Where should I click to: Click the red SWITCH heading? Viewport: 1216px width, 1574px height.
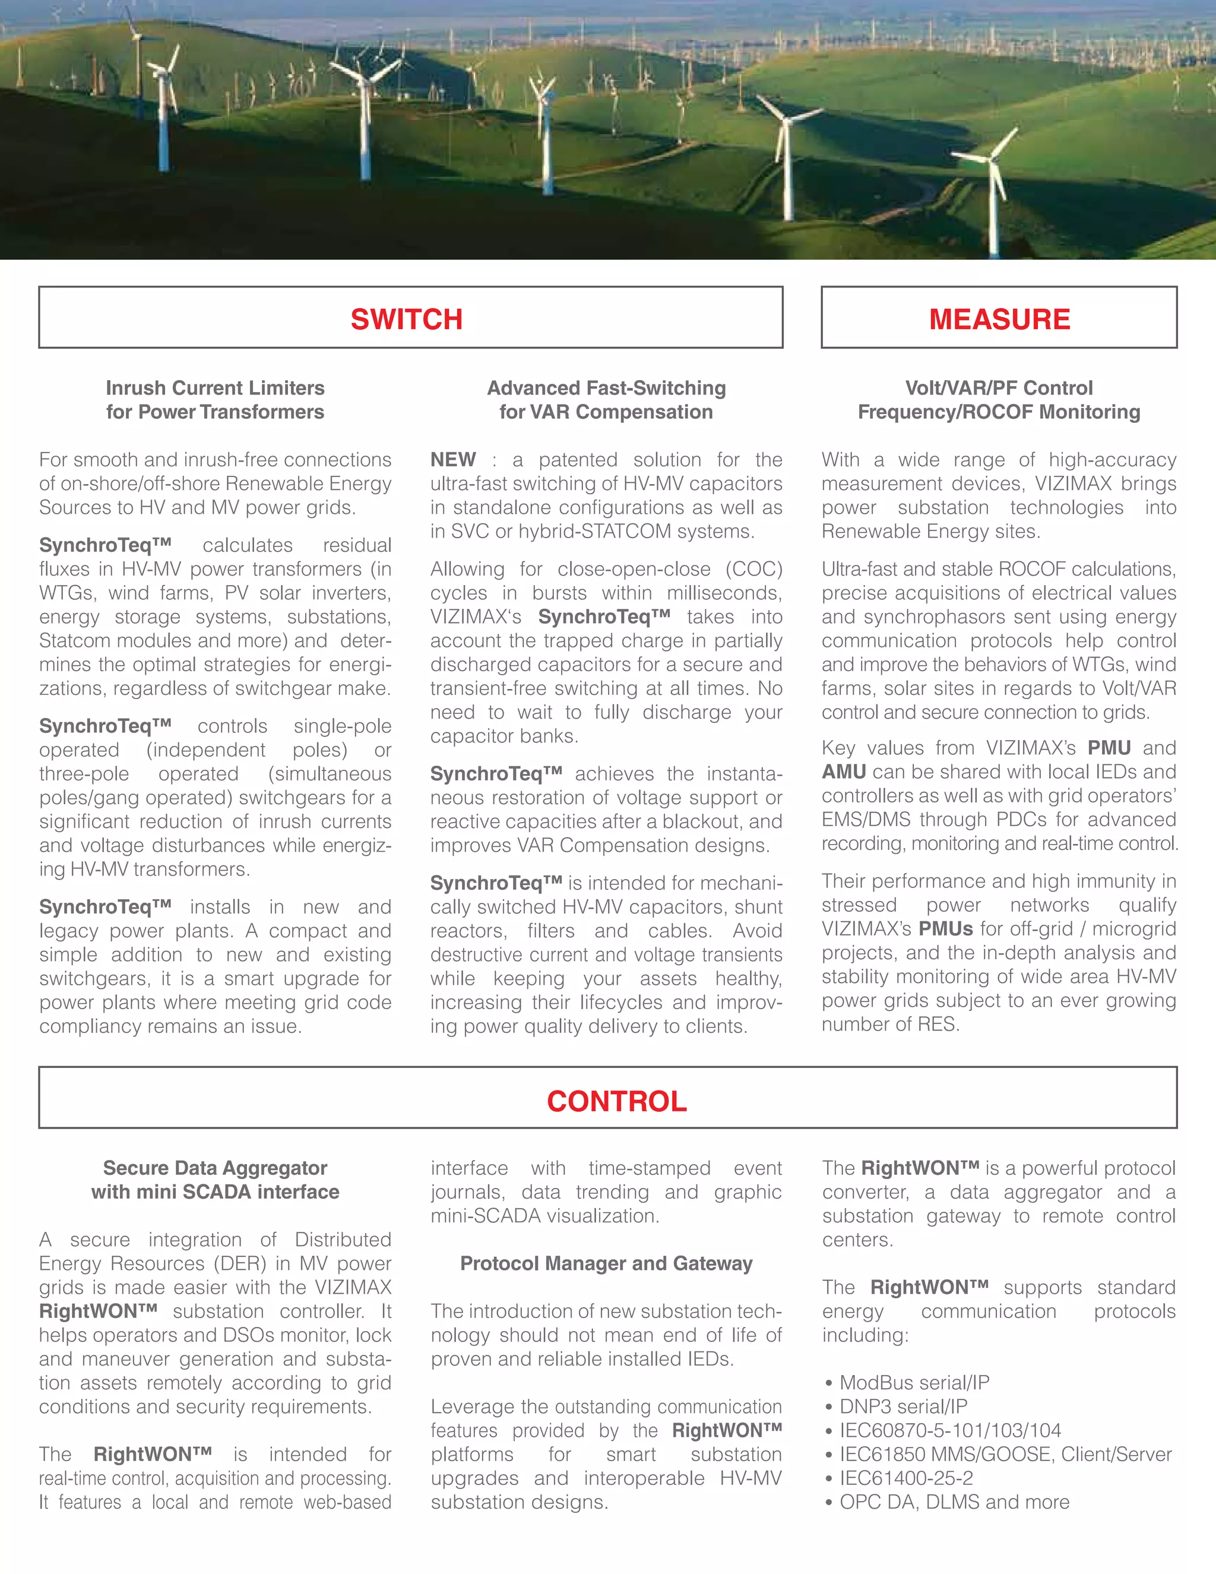[x=406, y=320]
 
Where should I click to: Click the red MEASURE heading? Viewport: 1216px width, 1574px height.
[x=999, y=320]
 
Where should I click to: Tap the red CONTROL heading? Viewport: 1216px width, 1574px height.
[x=617, y=1101]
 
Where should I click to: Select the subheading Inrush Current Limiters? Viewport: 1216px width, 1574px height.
[x=215, y=388]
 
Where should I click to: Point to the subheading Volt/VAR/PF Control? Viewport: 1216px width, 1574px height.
[x=999, y=388]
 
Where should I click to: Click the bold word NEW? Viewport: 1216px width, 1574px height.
[x=452, y=460]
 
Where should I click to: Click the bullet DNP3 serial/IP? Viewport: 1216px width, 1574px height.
[x=902, y=1406]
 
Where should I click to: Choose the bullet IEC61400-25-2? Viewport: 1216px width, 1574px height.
[x=905, y=1478]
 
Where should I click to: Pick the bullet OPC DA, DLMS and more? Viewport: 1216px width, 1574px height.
[x=954, y=1502]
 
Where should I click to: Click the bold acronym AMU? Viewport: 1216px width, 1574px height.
[x=844, y=772]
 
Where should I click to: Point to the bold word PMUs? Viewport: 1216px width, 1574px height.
[x=945, y=929]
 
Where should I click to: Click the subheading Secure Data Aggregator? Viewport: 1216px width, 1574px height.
[x=215, y=1168]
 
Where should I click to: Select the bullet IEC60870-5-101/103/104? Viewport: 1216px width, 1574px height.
[x=949, y=1431]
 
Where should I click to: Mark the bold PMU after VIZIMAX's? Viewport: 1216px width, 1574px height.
[x=1109, y=748]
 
